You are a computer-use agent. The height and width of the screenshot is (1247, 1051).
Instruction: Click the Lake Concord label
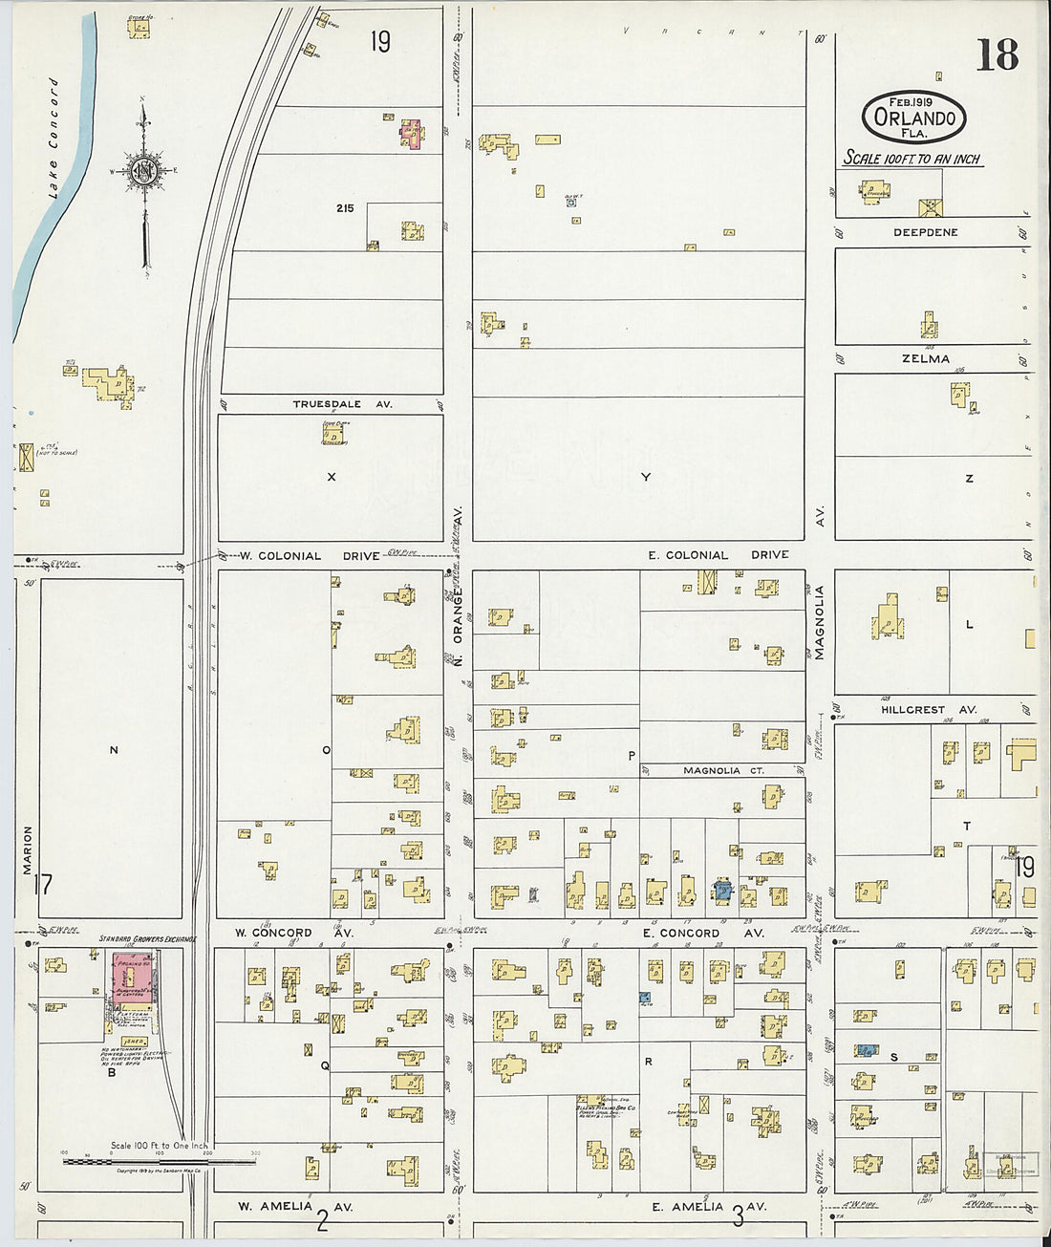pos(54,139)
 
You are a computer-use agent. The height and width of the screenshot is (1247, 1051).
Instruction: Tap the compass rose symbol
pos(144,171)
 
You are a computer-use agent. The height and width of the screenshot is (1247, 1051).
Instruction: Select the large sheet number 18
pos(997,56)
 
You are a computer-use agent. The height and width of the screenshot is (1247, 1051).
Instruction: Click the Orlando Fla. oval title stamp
pos(913,118)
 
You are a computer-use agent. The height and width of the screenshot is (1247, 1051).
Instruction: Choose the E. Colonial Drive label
pos(718,555)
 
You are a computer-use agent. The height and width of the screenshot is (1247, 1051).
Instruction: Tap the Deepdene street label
pos(925,232)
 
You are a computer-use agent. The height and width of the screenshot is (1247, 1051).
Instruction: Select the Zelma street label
pos(925,358)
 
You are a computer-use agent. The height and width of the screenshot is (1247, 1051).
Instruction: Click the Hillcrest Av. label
pos(928,710)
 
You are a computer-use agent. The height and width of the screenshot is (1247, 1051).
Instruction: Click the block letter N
pos(114,750)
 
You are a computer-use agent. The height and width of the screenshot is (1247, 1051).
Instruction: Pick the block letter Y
pos(646,477)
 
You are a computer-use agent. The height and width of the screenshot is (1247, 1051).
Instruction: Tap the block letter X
pos(332,477)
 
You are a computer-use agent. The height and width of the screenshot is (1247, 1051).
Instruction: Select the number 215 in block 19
pos(345,207)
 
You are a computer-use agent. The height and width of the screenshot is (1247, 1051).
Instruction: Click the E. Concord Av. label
pos(703,933)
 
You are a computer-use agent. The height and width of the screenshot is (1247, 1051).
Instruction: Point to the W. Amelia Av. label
pos(295,1207)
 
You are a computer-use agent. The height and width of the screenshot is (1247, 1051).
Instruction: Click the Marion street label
pos(28,849)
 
